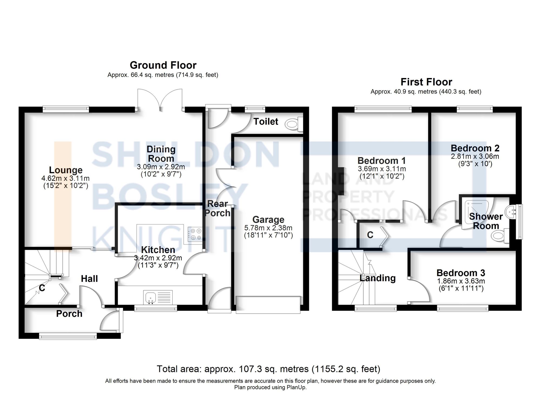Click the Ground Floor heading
tap(163, 65)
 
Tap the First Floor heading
tap(426, 82)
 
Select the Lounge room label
tap(66, 170)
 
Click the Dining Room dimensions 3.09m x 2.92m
tap(161, 167)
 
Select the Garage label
tap(268, 219)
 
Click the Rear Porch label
tap(217, 208)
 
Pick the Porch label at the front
tap(69, 314)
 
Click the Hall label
tap(89, 279)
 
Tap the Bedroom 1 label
tap(382, 161)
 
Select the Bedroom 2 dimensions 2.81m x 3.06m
tap(475, 156)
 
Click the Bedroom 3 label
tap(461, 273)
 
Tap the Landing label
tap(378, 278)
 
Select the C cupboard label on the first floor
tap(370, 235)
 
